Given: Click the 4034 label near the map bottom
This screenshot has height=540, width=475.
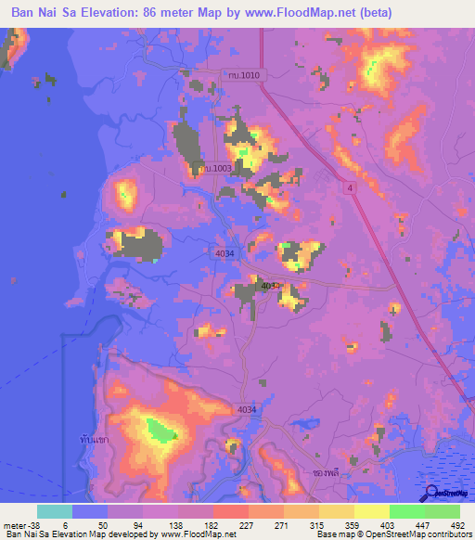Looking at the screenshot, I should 246,409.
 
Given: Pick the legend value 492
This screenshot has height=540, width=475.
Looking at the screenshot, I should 456,525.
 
